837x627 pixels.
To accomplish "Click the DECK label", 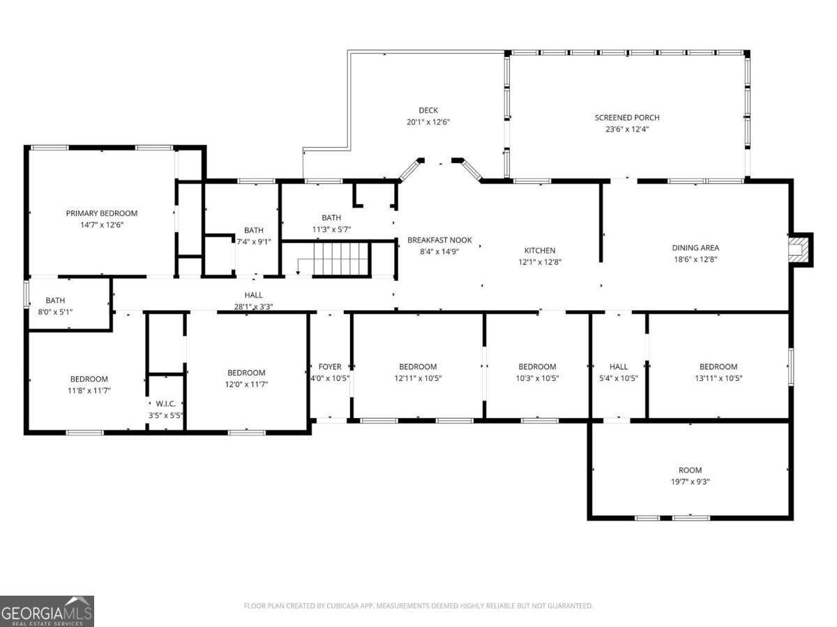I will coord(428,110).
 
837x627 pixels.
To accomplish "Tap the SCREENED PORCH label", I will coord(626,118).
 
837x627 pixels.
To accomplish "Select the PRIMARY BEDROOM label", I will coord(102,213).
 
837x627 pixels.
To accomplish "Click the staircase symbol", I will coord(339,258).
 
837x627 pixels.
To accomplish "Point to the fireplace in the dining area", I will coord(799,249).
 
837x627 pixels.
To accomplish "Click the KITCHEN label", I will coord(540,251).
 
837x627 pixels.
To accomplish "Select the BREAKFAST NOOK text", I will coord(439,240).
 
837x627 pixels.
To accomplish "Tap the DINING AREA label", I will coord(695,247).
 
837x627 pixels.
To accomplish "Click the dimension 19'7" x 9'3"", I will coord(690,481).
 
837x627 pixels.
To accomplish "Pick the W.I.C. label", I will coord(165,403).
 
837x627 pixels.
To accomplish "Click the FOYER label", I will coord(330,366).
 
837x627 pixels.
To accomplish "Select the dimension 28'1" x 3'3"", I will coord(253,307).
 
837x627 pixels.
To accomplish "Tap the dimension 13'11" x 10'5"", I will coord(718,378).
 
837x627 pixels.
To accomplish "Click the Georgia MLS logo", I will coord(47,611).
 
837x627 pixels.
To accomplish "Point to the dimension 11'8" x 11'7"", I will coord(89,390).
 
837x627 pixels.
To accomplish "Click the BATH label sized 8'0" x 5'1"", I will coord(55,300).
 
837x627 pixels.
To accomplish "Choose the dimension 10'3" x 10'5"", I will coord(537,378).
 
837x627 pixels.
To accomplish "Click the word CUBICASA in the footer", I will coord(347,606).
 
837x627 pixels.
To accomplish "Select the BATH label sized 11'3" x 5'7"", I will coord(331,217).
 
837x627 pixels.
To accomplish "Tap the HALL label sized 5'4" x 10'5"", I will coord(618,366).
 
